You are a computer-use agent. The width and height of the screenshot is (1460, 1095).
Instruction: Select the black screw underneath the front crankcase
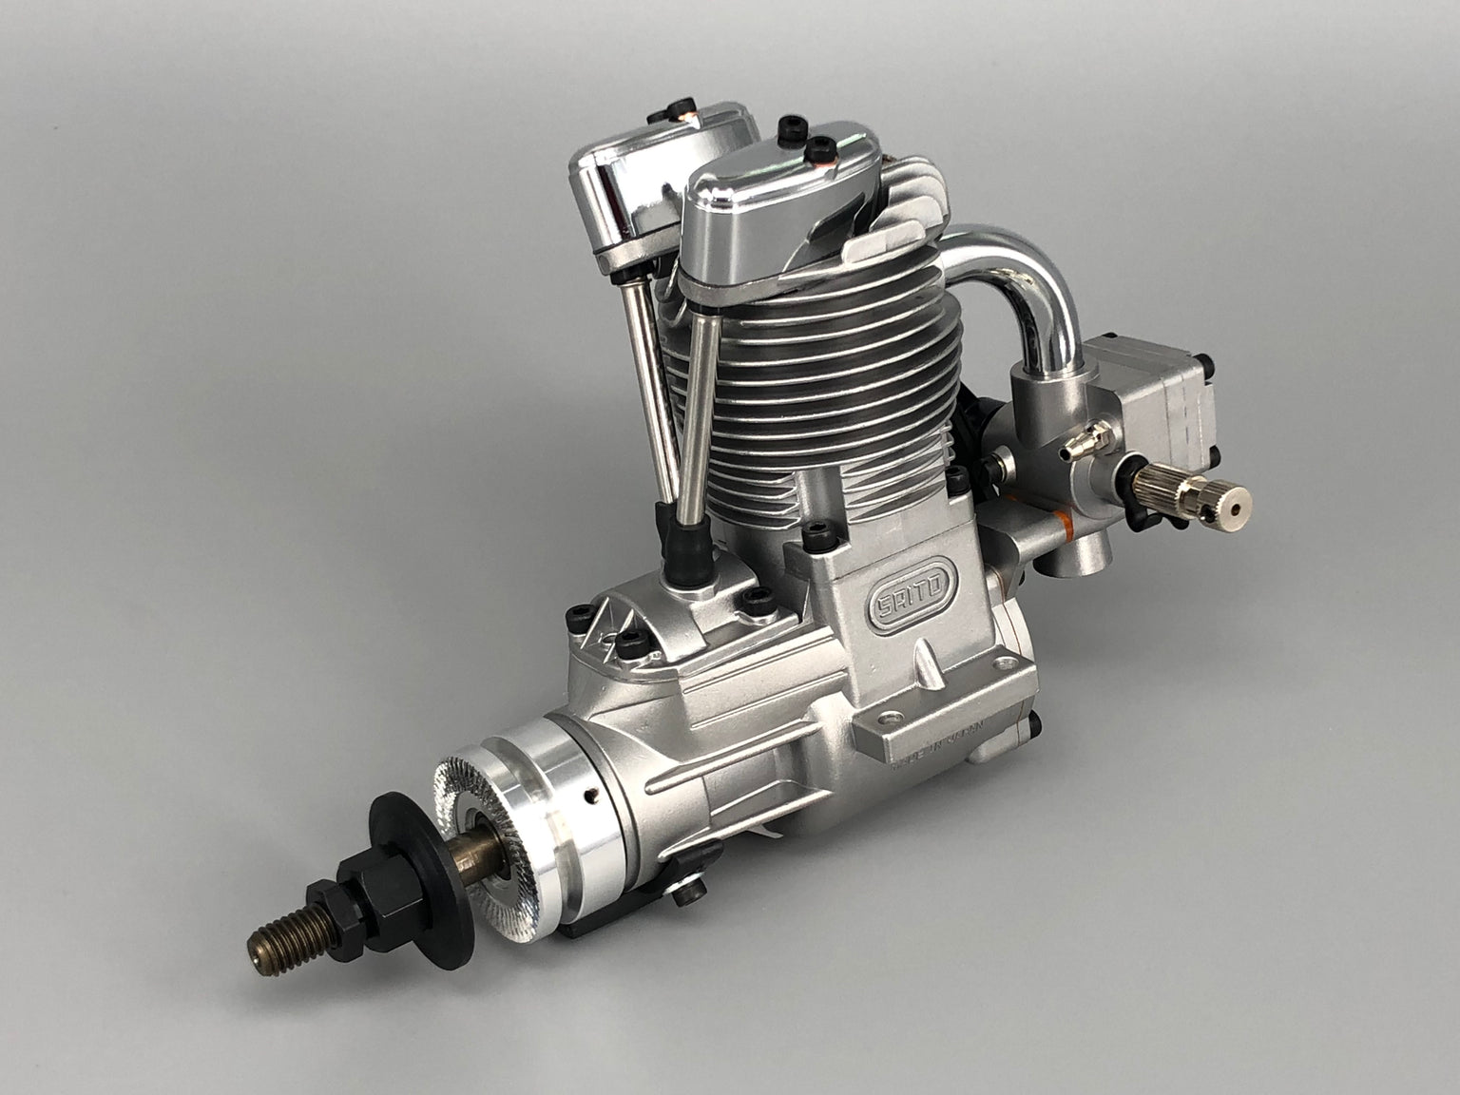pyautogui.click(x=690, y=890)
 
